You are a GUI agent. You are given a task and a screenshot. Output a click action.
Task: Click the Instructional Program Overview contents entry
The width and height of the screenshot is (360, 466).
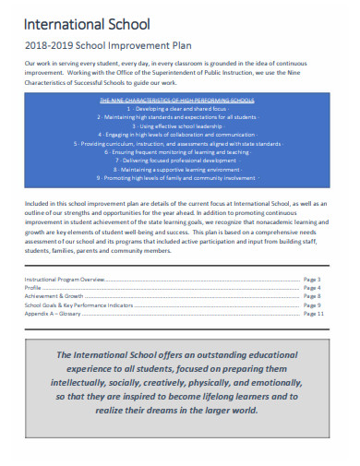[65, 279]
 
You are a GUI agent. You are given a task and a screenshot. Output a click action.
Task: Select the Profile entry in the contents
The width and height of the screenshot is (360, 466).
[34, 287]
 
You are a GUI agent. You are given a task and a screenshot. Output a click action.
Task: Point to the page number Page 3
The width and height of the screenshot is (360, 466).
[312, 279]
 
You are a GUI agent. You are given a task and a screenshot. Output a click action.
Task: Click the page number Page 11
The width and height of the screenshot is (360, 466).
[314, 313]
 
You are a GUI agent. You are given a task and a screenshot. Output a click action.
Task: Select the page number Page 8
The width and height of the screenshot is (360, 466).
[312, 295]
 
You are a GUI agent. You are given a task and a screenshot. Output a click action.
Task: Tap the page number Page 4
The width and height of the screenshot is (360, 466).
[312, 287]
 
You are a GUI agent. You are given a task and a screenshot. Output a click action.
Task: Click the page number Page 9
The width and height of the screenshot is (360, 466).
[312, 305]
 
